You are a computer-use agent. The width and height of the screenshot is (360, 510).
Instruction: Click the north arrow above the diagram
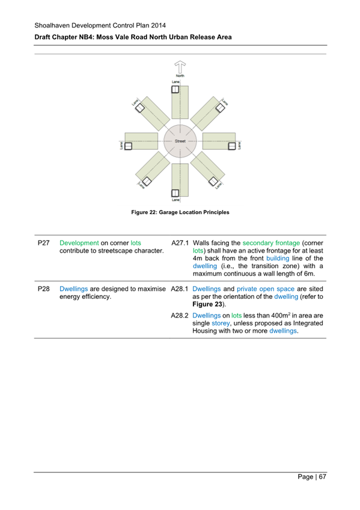coord(178,67)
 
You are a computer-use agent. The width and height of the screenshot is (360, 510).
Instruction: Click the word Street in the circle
coord(179,140)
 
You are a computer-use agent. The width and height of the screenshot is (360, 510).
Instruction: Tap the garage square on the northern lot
coord(175,90)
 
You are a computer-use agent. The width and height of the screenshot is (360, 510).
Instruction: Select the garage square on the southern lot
coord(175,192)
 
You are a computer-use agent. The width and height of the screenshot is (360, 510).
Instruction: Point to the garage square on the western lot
coord(128,145)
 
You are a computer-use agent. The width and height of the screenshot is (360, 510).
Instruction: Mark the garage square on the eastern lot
coord(231,145)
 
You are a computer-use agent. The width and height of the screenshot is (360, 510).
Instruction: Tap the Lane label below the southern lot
coord(175,200)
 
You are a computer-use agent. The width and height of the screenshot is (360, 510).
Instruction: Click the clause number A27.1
coord(181,243)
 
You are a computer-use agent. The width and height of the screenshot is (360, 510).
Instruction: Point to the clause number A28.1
coord(181,289)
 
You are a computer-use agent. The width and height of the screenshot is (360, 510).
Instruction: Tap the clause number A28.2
coord(181,315)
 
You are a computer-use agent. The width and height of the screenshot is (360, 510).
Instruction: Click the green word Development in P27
coord(79,243)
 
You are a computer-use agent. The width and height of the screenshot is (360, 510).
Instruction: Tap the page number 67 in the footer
coord(322,477)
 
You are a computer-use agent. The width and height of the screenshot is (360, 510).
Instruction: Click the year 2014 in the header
coord(156,25)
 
